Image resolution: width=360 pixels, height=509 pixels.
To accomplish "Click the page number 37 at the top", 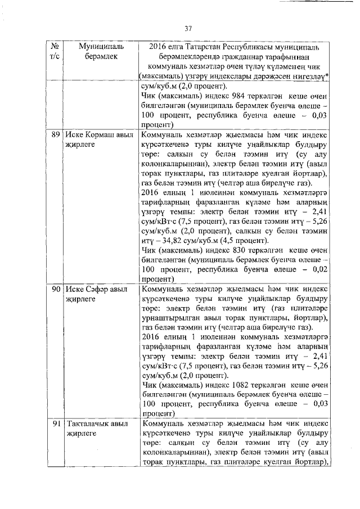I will (188, 28).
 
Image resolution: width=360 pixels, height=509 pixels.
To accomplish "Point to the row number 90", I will (55, 289).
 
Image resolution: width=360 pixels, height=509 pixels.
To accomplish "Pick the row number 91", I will (55, 424).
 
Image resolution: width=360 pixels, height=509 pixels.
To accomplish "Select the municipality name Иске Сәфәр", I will (88, 289).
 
